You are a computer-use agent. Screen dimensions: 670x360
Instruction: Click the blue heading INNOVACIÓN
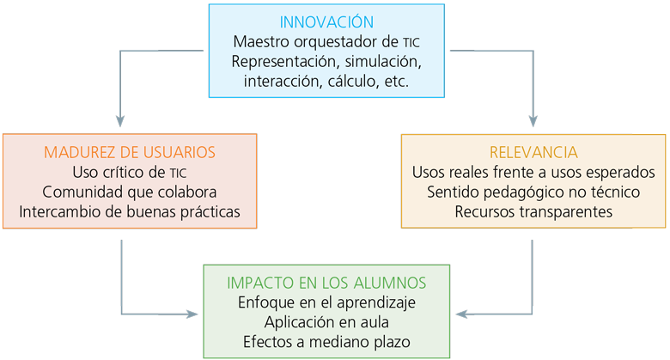point(326,21)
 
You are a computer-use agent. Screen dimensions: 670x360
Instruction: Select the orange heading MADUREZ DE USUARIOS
point(130,152)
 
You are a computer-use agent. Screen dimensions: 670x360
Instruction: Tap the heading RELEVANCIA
point(533,152)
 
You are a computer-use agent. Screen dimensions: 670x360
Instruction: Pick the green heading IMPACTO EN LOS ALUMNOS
point(326,283)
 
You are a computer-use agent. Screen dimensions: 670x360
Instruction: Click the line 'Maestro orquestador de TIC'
point(326,42)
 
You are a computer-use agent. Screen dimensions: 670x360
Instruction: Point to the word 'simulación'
point(383,62)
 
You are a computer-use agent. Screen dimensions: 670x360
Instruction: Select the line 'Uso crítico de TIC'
point(130,173)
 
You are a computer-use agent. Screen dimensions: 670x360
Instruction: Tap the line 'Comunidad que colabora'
point(130,192)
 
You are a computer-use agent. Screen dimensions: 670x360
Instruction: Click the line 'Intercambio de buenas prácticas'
point(130,211)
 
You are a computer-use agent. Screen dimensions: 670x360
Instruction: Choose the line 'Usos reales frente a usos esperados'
point(533,173)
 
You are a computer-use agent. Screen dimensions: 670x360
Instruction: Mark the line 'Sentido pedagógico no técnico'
point(533,192)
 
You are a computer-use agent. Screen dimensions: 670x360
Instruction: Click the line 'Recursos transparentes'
point(533,211)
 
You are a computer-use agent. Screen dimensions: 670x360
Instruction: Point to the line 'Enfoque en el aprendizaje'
point(326,302)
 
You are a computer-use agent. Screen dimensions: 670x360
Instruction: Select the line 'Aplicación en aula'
point(326,322)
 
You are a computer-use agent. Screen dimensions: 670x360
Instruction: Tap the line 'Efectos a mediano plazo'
point(326,342)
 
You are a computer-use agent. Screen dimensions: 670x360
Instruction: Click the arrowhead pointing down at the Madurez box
point(120,121)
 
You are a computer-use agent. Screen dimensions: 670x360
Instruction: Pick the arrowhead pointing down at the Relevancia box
point(533,121)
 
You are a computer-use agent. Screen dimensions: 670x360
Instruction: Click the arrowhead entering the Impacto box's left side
point(192,314)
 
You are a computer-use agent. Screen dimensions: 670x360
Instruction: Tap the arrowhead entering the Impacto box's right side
point(462,314)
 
